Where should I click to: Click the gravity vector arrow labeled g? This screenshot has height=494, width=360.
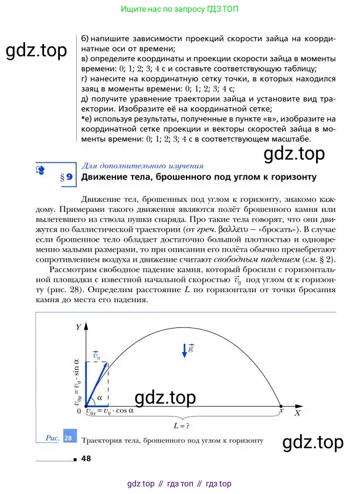click(x=185, y=351)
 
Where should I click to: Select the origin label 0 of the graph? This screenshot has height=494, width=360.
click(x=79, y=411)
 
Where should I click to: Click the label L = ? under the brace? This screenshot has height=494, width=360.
click(x=183, y=424)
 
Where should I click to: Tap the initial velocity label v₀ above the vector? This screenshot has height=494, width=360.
click(x=97, y=356)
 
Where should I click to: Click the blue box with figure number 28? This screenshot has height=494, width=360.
click(x=67, y=438)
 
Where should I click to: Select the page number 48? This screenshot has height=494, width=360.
click(x=87, y=459)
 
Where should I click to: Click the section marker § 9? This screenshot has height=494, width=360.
click(x=66, y=176)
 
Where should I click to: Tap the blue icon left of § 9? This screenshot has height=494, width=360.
click(x=40, y=170)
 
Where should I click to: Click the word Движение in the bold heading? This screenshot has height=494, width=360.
click(x=104, y=177)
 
